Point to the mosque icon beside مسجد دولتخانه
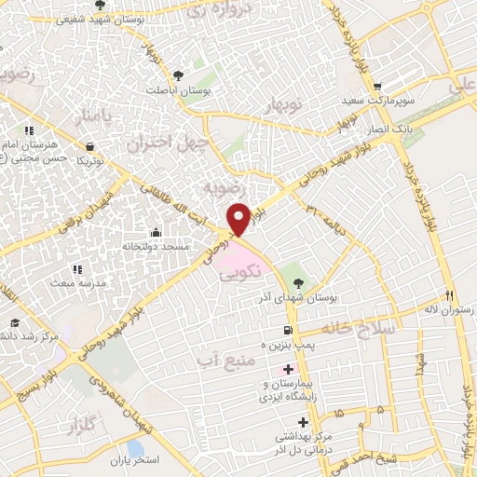[156, 233]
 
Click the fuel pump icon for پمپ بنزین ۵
[287, 331]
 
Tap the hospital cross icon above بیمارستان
[289, 370]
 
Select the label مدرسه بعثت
[71, 281]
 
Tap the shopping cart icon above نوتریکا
[89, 146]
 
